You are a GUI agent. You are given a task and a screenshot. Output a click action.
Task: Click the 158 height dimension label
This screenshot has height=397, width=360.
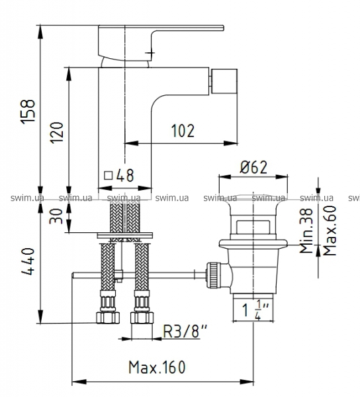tap(28, 112)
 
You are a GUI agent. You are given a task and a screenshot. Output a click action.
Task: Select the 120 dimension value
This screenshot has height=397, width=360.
tap(56, 133)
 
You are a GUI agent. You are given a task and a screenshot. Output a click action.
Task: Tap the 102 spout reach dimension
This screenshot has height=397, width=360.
tap(183, 130)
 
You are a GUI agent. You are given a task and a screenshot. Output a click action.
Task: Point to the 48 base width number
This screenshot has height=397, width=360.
tap(125, 175)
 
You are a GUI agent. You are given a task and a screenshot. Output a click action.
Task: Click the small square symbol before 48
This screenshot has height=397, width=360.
tap(109, 175)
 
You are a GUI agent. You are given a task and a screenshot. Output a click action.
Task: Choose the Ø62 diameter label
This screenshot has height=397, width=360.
tap(253, 167)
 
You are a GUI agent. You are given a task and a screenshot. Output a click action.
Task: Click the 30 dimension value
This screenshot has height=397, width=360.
tap(56, 216)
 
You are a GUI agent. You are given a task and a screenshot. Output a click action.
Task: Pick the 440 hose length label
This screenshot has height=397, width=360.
tap(28, 261)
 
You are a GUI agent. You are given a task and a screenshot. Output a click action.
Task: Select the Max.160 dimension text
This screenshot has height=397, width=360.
tap(157, 367)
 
